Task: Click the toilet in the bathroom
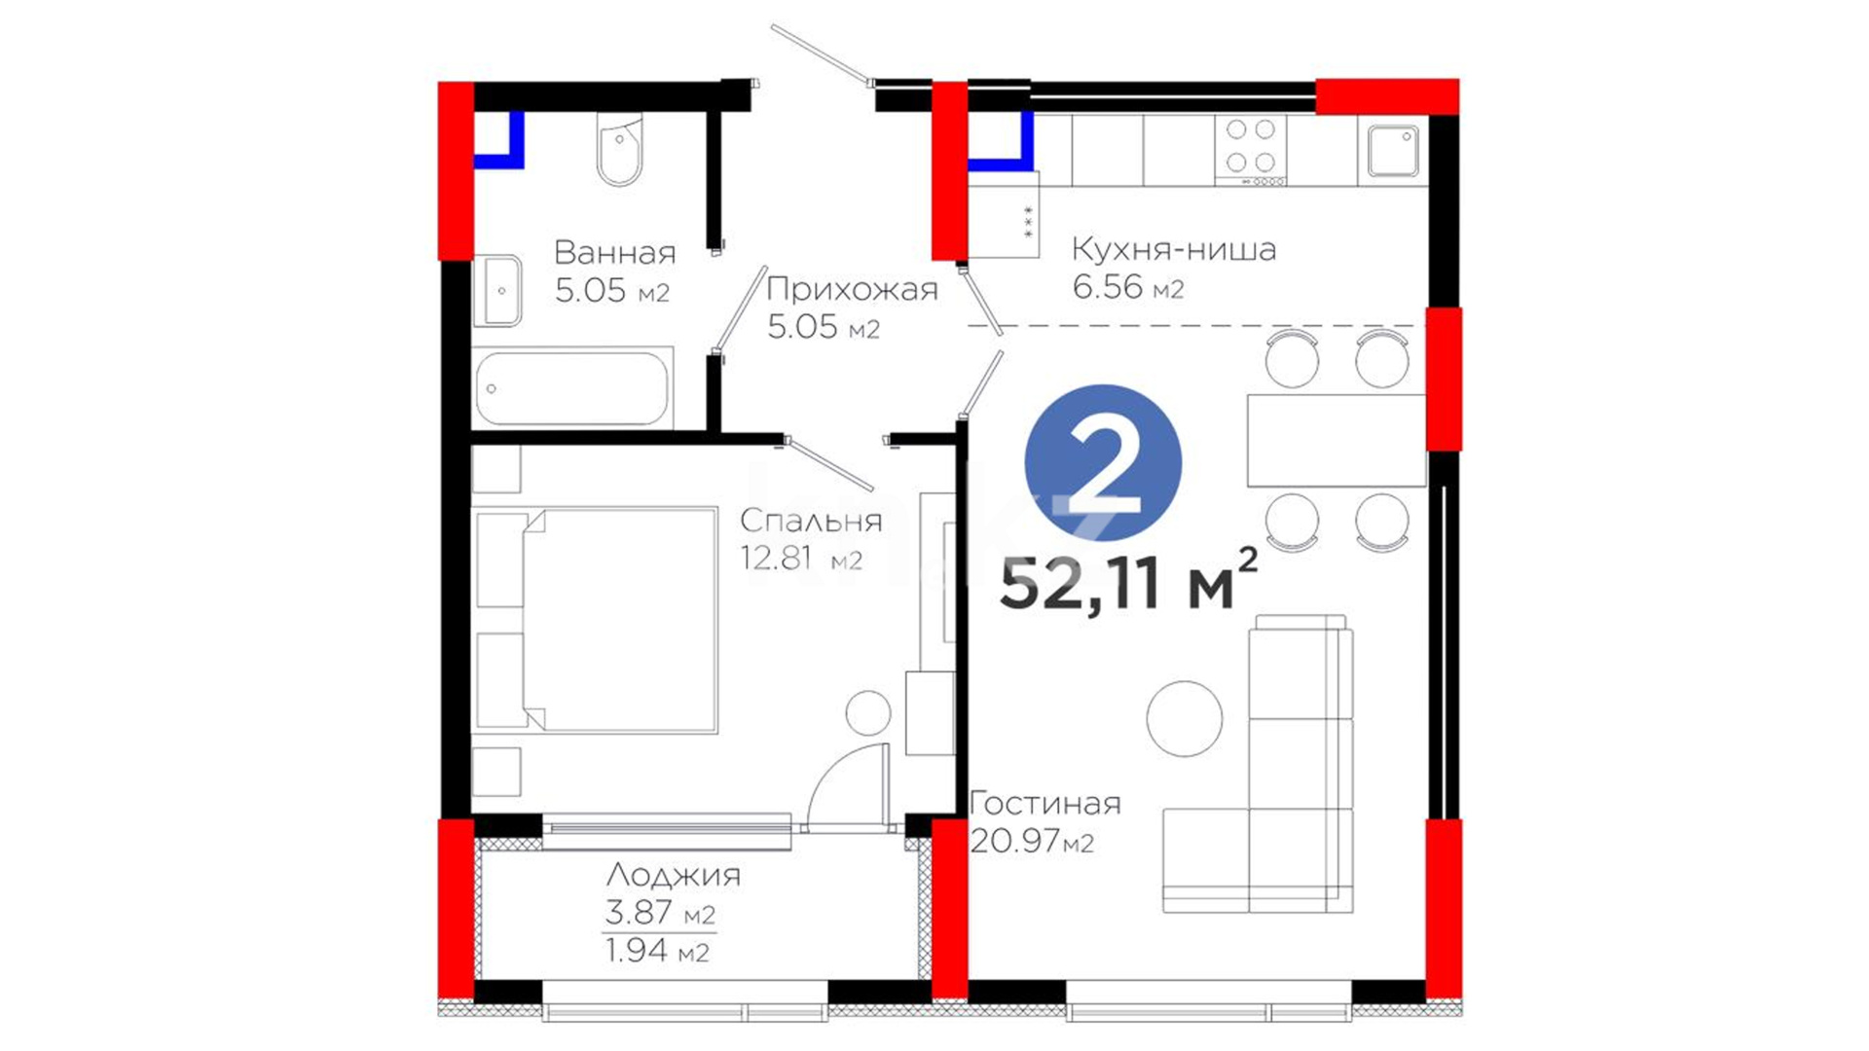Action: pos(619,151)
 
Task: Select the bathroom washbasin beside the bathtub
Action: pos(497,291)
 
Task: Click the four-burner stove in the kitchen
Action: pos(1251,150)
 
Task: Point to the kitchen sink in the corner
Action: pos(1393,151)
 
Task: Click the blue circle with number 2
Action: pos(1103,462)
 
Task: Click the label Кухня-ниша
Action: pos(1174,249)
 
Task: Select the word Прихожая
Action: pos(852,289)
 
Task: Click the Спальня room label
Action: pos(811,521)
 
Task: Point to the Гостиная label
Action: pos(1045,803)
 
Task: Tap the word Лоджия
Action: pos(674,875)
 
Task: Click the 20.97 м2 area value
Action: pos(1032,841)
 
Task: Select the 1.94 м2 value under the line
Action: pos(657,950)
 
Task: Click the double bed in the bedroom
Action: pos(596,620)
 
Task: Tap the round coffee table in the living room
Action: pos(1185,718)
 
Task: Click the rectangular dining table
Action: pos(1337,440)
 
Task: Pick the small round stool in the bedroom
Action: pos(868,713)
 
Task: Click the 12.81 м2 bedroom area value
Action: pos(801,559)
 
